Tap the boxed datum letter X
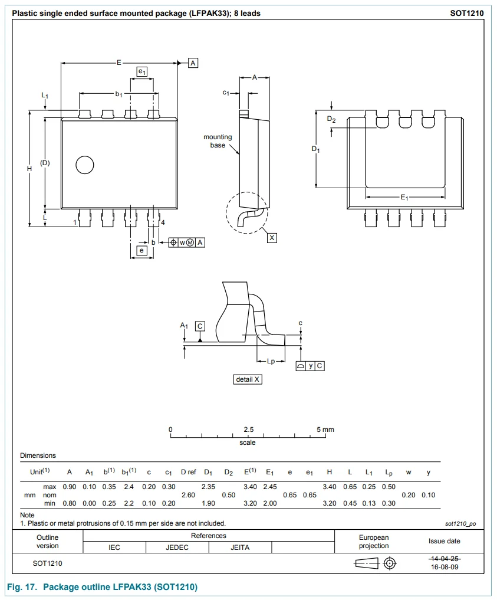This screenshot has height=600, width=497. pos(272,237)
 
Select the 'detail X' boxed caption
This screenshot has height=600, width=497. pos(248,379)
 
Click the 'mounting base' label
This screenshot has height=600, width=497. pos(218,141)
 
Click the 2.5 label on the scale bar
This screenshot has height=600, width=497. pos(248,429)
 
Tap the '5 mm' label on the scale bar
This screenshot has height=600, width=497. pos(325,429)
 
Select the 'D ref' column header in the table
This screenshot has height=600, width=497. pos(188,472)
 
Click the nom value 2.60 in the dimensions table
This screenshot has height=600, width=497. pos(188,495)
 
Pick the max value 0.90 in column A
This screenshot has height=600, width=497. pos(70,487)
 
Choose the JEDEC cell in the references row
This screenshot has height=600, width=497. pos(177,547)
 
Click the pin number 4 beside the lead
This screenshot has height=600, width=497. pos(163,222)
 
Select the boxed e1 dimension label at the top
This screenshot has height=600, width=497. pos(141,71)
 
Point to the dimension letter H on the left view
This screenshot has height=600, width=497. pos(29,169)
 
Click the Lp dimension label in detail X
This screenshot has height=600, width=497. pos(271,361)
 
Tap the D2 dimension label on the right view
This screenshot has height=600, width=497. pos(331,119)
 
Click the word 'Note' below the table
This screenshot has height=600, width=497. pos(28,515)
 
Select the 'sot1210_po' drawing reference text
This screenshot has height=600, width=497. pos(460,523)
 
